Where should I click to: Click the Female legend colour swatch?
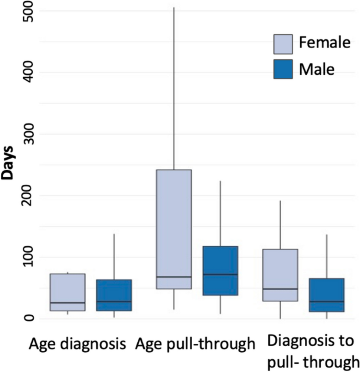click(x=283, y=44)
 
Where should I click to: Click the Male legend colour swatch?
click(x=283, y=69)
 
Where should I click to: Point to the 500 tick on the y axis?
click(x=27, y=11)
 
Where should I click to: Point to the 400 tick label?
click(x=27, y=72)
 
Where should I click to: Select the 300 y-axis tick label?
click(x=27, y=134)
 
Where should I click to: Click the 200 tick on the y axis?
click(x=27, y=195)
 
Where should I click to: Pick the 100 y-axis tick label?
click(x=27, y=257)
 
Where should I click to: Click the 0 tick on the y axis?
click(x=27, y=318)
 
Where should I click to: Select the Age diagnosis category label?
click(x=77, y=344)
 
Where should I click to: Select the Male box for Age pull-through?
click(x=220, y=271)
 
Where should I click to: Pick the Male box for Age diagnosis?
click(x=114, y=295)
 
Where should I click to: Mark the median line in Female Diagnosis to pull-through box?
click(x=280, y=289)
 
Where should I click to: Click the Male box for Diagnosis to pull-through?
click(x=327, y=295)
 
